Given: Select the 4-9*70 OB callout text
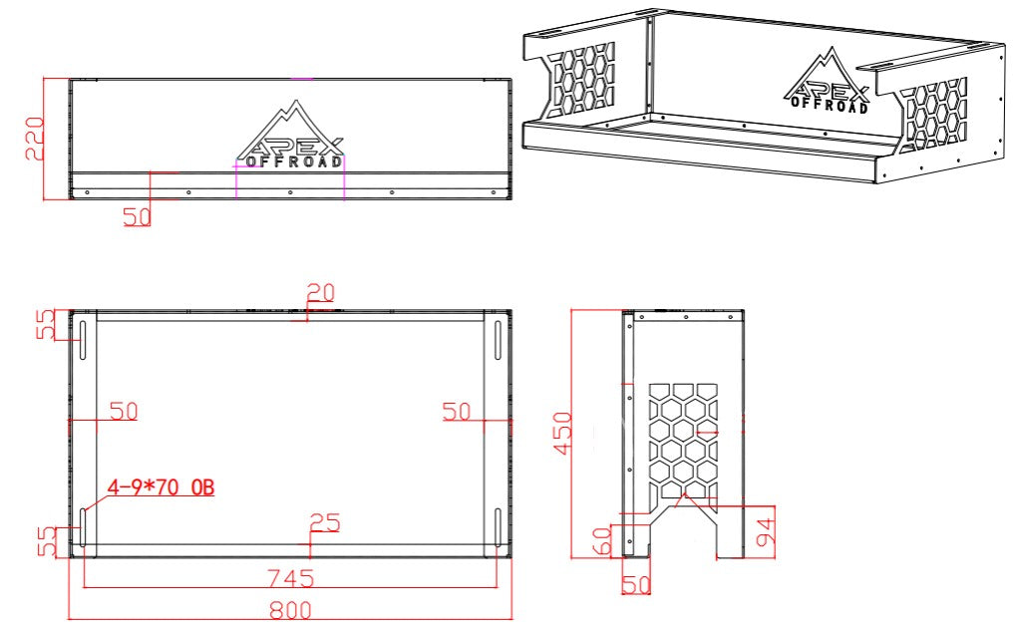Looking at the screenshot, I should pyautogui.click(x=161, y=487).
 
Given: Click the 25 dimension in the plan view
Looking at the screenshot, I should pyautogui.click(x=325, y=521).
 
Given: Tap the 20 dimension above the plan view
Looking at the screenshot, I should pyautogui.click(x=320, y=292).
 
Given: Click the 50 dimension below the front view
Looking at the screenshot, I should pyautogui.click(x=138, y=216).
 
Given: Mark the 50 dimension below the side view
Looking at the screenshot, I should pyautogui.click(x=635, y=585).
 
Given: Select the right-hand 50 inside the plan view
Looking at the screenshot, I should pyautogui.click(x=457, y=411).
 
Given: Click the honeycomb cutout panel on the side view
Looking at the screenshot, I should pyautogui.click(x=683, y=437).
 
